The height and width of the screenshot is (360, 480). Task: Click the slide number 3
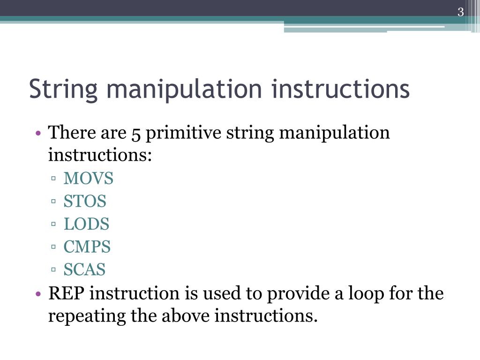tap(460, 13)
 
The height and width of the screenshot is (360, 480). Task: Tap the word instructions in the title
tap(340, 89)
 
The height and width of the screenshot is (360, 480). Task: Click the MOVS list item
tap(89, 179)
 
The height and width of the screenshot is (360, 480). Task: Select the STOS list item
tap(85, 202)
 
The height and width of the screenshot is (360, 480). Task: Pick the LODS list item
tap(86, 224)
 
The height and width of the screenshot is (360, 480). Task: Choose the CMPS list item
tap(87, 247)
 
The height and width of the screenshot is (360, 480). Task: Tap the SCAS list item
tap(84, 270)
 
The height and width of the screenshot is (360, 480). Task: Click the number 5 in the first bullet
tap(136, 134)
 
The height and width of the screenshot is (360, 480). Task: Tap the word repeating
tap(87, 316)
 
